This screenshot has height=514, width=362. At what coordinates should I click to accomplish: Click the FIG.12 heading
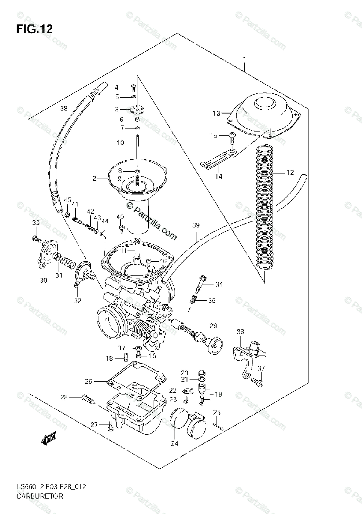click(34, 29)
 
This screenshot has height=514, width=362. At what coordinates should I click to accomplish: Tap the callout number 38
click(64, 108)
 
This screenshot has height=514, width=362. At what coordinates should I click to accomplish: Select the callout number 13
click(216, 114)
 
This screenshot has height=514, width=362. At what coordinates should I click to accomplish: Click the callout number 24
click(174, 444)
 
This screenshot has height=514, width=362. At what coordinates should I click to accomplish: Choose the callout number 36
click(240, 332)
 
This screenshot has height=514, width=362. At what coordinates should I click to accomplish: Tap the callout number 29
click(213, 326)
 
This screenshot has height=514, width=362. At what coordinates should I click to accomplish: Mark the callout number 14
click(219, 176)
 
